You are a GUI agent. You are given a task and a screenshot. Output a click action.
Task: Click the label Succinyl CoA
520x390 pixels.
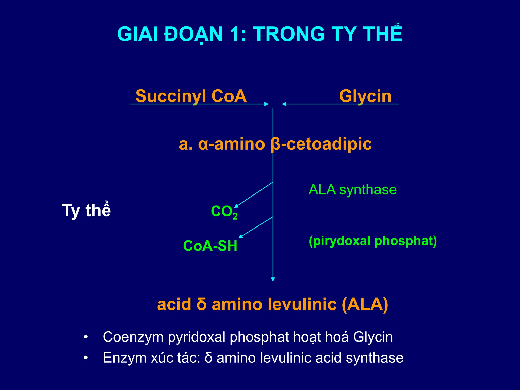click(191, 96)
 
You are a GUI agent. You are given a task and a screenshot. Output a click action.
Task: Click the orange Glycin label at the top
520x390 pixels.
click(365, 96)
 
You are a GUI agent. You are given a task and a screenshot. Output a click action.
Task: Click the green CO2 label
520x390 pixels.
click(224, 212)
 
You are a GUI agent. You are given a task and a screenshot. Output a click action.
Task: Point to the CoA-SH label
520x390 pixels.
click(210, 246)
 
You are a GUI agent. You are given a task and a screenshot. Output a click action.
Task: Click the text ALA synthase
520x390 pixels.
click(352, 190)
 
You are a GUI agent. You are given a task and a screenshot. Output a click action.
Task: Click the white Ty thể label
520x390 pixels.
click(86, 210)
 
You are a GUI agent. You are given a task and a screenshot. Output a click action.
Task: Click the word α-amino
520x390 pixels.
click(231, 144)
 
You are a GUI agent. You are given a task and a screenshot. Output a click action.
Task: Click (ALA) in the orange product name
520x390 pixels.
click(365, 304)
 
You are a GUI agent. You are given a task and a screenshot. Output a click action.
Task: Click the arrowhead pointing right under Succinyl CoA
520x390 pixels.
click(266, 104)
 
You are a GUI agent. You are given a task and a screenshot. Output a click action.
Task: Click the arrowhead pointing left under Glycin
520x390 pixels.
click(284, 104)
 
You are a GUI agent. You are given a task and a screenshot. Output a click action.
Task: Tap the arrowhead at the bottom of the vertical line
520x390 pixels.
click(273, 279)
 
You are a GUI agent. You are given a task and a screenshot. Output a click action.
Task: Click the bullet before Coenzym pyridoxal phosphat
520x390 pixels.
click(86, 337)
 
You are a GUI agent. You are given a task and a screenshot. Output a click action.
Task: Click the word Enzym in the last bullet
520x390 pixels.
click(125, 358)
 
